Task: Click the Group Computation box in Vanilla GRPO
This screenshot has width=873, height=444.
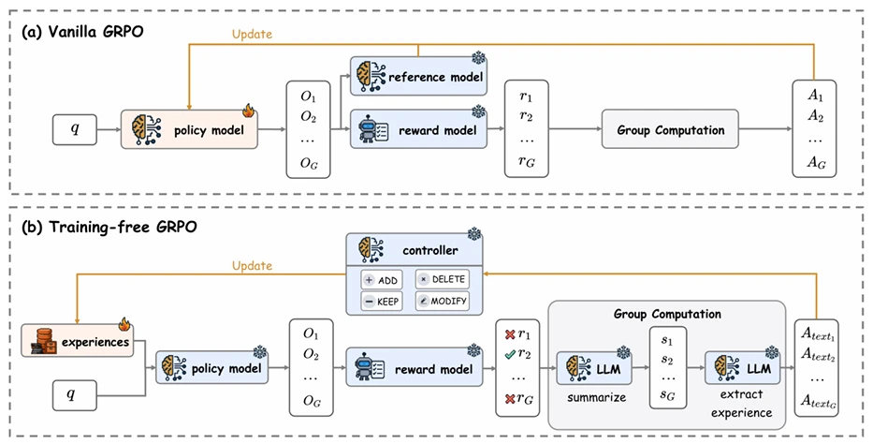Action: point(669,130)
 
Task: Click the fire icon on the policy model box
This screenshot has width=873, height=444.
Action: point(248,110)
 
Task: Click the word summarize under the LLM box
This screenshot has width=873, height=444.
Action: point(595,397)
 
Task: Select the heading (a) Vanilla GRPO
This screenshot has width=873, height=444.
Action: point(80,32)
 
